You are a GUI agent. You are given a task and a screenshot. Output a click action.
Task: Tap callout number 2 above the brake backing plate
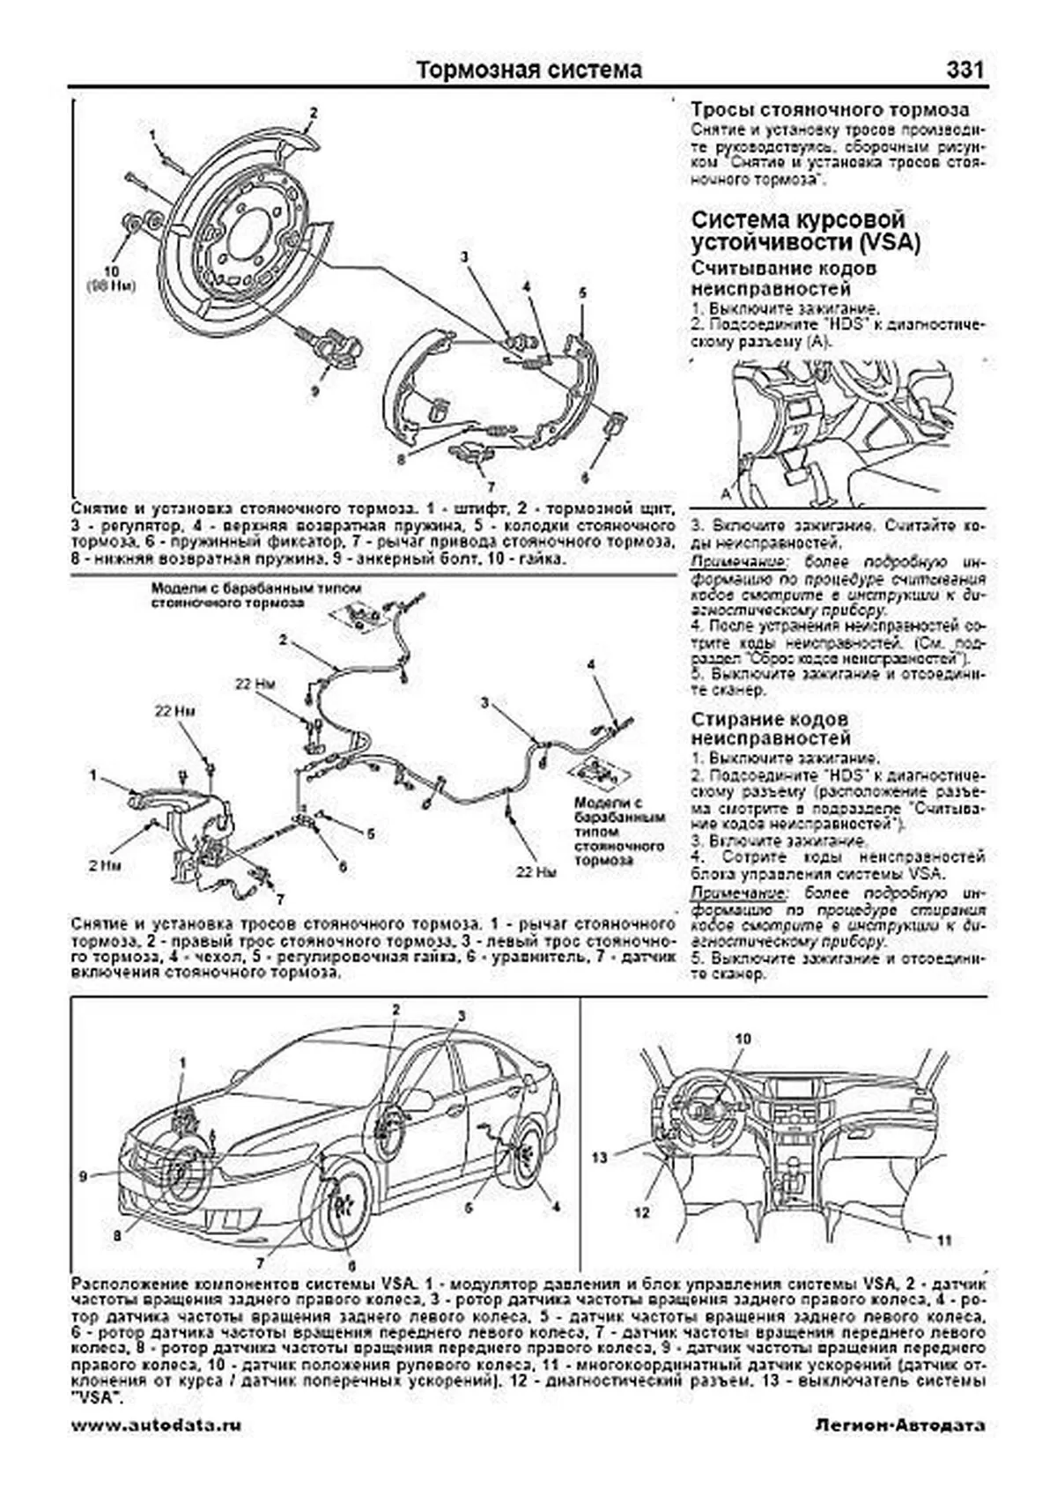click(x=312, y=113)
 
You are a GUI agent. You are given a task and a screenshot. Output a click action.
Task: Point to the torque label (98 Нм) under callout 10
click(x=112, y=286)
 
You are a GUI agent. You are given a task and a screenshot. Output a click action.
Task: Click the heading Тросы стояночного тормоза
click(x=830, y=110)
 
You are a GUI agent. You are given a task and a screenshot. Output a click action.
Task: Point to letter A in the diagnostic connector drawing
click(x=726, y=490)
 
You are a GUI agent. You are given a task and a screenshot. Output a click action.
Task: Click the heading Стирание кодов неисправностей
click(x=771, y=728)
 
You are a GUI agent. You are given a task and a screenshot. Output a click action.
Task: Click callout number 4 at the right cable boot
click(x=592, y=663)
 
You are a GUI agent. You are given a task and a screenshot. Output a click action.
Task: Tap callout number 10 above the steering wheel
click(x=742, y=1039)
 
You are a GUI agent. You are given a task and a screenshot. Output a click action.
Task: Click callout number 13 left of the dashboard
click(x=601, y=1158)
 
